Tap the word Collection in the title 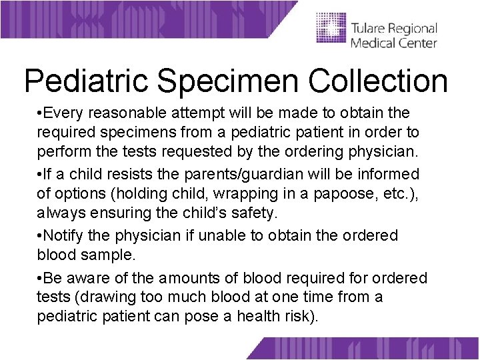[378, 81]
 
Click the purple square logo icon [330, 29]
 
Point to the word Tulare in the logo [369, 29]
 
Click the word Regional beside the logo [414, 29]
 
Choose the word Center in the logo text [417, 43]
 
